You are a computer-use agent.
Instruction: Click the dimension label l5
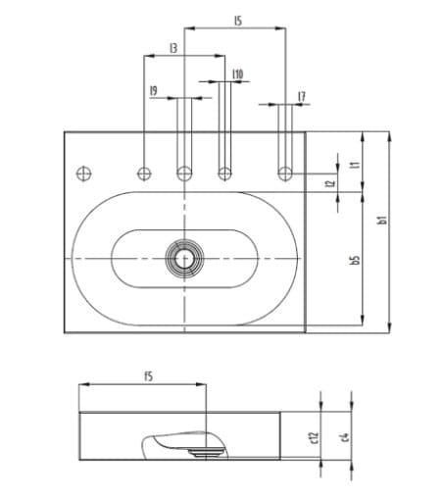pos(238,19)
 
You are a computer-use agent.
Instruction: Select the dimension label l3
pos(173,46)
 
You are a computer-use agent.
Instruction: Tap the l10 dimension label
pos(238,74)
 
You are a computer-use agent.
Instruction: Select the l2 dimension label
pos(330,182)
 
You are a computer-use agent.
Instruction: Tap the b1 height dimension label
pos(383,223)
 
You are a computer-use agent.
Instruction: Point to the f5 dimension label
pos(149,375)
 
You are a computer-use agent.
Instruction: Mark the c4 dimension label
pos(344,431)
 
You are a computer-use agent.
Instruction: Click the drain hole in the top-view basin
pos(182,258)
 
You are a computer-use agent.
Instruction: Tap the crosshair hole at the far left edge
pos(83,174)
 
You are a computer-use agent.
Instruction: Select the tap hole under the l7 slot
pos(285,174)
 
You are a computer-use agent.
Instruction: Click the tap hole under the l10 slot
pos(224,174)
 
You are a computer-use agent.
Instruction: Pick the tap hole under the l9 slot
pos(183,174)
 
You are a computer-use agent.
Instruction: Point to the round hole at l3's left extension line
pos(144,174)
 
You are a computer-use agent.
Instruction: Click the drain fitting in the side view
pos(205,452)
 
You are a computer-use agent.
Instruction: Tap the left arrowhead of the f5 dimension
pos(82,384)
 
